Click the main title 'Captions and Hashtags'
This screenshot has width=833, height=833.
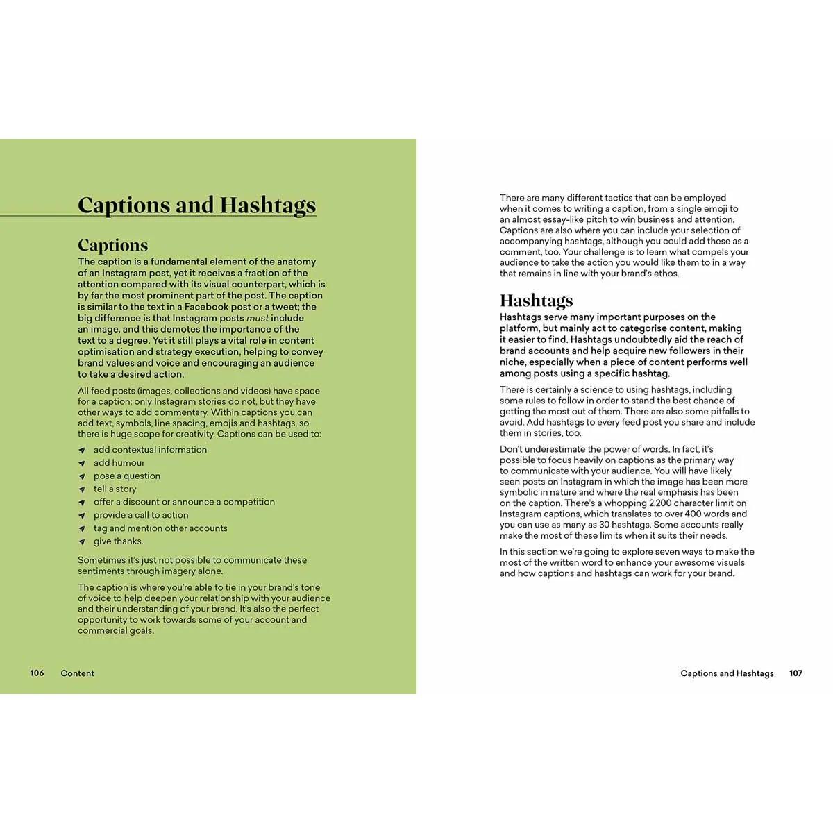(x=196, y=205)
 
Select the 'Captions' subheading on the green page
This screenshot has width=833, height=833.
(x=112, y=245)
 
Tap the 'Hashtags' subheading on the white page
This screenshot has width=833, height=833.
(x=536, y=301)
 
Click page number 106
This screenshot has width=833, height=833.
(x=37, y=673)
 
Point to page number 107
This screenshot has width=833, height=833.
(x=796, y=673)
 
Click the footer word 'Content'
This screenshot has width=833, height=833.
(x=77, y=673)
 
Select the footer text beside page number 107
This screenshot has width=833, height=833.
(x=727, y=673)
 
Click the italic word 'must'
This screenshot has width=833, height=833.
(x=257, y=318)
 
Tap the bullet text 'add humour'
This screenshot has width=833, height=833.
(x=119, y=463)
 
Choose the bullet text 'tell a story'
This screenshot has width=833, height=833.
(x=115, y=489)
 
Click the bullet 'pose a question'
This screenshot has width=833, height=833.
(x=127, y=476)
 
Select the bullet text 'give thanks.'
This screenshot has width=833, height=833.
(x=119, y=541)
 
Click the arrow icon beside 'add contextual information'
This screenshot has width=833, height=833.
(x=82, y=451)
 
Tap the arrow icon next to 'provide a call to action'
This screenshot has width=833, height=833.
(x=82, y=516)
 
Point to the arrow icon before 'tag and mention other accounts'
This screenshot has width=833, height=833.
(x=82, y=529)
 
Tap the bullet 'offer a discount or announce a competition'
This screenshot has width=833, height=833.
(x=184, y=502)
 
